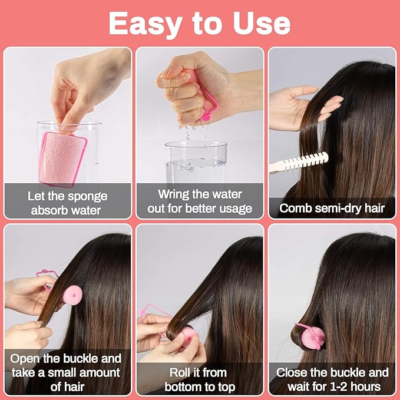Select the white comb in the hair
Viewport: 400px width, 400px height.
[x=298, y=162]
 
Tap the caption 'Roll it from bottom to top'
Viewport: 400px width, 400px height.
[x=199, y=379]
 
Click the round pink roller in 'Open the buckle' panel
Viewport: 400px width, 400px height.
[x=72, y=295]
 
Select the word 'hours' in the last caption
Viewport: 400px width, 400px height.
[x=369, y=387]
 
